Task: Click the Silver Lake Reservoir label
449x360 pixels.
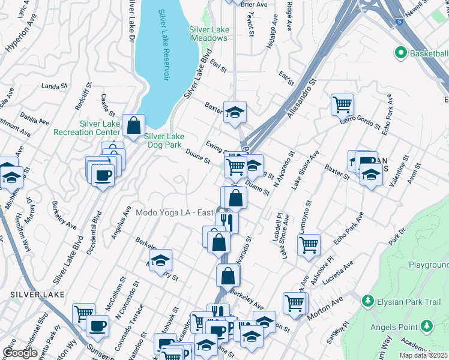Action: (x=163, y=46)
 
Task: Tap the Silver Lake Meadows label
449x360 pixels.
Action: (x=208, y=33)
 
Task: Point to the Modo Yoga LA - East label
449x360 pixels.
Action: (x=175, y=212)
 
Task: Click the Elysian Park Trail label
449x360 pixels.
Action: (x=406, y=298)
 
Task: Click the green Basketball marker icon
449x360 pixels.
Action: (x=401, y=53)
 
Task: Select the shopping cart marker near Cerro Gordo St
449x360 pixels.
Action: (x=342, y=104)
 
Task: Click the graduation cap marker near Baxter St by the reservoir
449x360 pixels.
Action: (x=235, y=112)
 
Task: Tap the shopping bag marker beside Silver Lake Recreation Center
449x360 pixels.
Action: (x=134, y=125)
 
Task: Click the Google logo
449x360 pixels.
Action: (x=20, y=353)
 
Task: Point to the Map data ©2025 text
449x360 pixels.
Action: (x=424, y=355)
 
